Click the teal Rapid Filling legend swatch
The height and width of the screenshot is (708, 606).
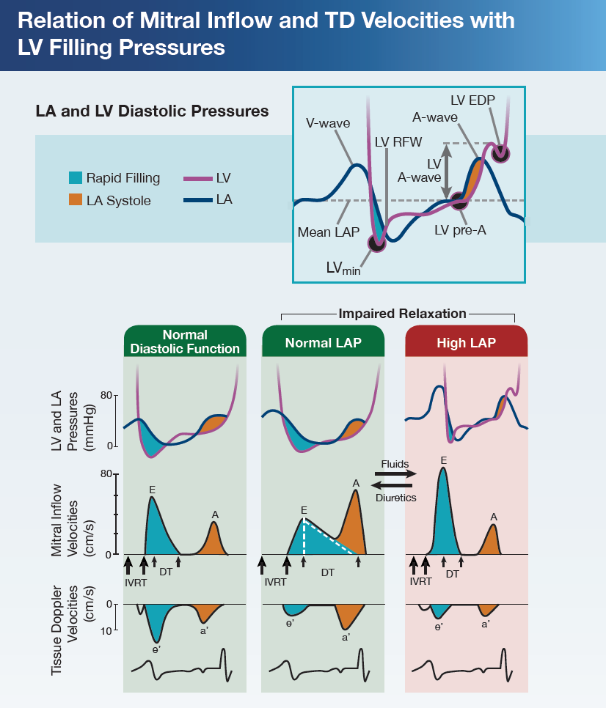(74, 178)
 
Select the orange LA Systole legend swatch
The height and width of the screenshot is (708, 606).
(74, 200)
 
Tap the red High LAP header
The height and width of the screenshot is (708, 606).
(466, 342)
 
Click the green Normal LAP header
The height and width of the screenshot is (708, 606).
(323, 342)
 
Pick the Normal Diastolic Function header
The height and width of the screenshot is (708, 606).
(185, 342)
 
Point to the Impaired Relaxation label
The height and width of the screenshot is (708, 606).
(402, 314)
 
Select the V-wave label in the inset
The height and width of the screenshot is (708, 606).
(328, 123)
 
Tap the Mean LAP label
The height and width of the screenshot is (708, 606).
(328, 232)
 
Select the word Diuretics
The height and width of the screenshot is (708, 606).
(395, 498)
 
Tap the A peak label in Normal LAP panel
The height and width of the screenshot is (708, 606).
(356, 483)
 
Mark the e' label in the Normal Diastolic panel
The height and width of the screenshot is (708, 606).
(156, 649)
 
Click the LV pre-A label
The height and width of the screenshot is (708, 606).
(460, 229)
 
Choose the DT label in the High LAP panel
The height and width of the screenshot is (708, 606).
(452, 574)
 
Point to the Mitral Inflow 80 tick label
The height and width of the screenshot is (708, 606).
(106, 473)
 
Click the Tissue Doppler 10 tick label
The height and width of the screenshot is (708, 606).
(106, 630)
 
